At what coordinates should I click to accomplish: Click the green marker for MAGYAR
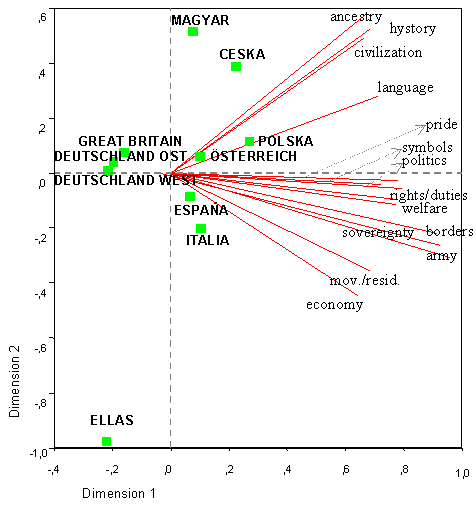pos(193,32)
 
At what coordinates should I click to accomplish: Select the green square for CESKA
pos(236,67)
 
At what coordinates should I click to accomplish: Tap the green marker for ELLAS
pos(107,441)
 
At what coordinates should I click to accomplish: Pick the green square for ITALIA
pos(201,229)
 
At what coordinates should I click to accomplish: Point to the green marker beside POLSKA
pos(249,142)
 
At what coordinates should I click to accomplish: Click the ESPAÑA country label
pos(201,211)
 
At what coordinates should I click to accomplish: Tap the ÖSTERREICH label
pos(253,157)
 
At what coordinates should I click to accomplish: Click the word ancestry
pos(356,16)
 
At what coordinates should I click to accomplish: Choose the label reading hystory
pos(412,28)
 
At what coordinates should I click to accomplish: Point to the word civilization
pos(388,52)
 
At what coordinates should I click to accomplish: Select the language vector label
pos(405,87)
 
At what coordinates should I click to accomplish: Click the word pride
pos(441,124)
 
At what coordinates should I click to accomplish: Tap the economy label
pos(334,304)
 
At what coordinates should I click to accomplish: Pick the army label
pos(441,256)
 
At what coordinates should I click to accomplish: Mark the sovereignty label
pos(377,233)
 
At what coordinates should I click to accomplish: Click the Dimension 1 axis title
pos(119,493)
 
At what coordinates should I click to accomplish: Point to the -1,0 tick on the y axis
pos(38,452)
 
